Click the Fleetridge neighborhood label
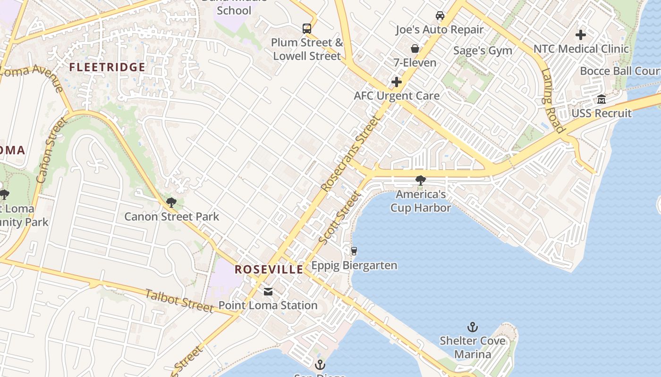pyautogui.click(x=107, y=67)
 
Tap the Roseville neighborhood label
pyautogui.click(x=269, y=270)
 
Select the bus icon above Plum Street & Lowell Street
pyautogui.click(x=307, y=28)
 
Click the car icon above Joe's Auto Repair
pyautogui.click(x=440, y=16)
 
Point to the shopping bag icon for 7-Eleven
pyautogui.click(x=415, y=49)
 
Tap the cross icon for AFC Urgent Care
pyautogui.click(x=397, y=82)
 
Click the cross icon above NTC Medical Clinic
pyautogui.click(x=581, y=35)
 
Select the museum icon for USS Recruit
pyautogui.click(x=602, y=99)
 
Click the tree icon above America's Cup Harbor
pyautogui.click(x=420, y=180)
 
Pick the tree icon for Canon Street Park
pyautogui.click(x=171, y=203)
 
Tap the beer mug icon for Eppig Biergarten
pyautogui.click(x=354, y=251)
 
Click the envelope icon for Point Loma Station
pyautogui.click(x=268, y=292)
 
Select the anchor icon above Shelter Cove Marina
pyautogui.click(x=472, y=327)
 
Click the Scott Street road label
pyautogui.click(x=339, y=218)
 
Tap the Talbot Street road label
pyautogui.click(x=179, y=301)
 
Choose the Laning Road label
pyautogui.click(x=553, y=101)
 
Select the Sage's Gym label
pyautogui.click(x=483, y=51)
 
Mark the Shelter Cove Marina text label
pyautogui.click(x=472, y=347)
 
